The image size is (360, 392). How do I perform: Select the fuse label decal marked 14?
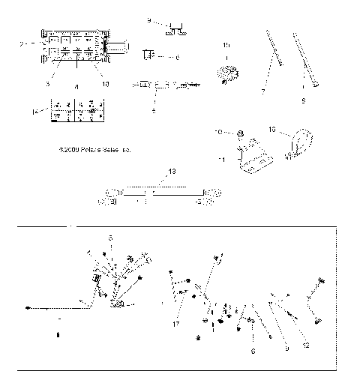click(x=74, y=110)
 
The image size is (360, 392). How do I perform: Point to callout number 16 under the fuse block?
click(x=105, y=84)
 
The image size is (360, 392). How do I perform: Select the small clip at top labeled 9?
click(x=178, y=29)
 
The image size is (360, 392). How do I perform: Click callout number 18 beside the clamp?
click(x=273, y=129)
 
